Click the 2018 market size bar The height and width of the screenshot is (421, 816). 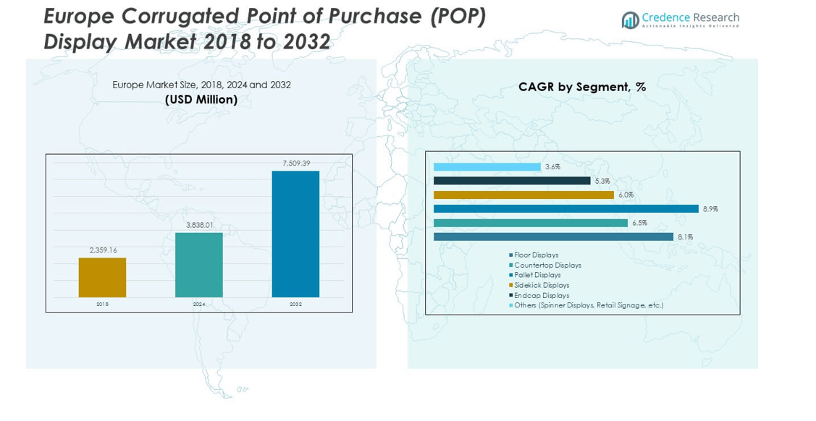pyautogui.click(x=102, y=277)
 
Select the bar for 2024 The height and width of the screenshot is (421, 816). pyautogui.click(x=199, y=265)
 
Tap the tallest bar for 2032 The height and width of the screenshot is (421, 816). pyautogui.click(x=295, y=234)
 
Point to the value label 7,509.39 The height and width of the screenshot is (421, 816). pyautogui.click(x=295, y=163)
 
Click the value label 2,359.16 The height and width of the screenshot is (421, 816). pyautogui.click(x=103, y=250)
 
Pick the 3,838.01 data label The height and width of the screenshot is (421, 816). pyautogui.click(x=199, y=225)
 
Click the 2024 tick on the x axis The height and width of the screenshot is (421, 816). pyautogui.click(x=199, y=305)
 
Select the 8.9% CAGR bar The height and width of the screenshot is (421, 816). pyautogui.click(x=565, y=209)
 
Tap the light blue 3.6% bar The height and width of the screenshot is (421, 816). pyautogui.click(x=487, y=167)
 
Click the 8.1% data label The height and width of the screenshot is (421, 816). pyautogui.click(x=685, y=237)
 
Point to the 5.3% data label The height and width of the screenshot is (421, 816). pyautogui.click(x=602, y=181)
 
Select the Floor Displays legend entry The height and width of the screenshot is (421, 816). pyautogui.click(x=536, y=255)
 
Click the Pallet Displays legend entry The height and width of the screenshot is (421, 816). pyautogui.click(x=537, y=275)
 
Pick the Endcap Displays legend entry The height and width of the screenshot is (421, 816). pyautogui.click(x=541, y=295)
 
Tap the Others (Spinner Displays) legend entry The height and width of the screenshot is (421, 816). pyautogui.click(x=588, y=305)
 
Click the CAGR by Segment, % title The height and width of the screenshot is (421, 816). pyautogui.click(x=582, y=87)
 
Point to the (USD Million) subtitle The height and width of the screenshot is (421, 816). pyautogui.click(x=201, y=100)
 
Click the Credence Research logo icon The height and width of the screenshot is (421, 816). pyautogui.click(x=629, y=20)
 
